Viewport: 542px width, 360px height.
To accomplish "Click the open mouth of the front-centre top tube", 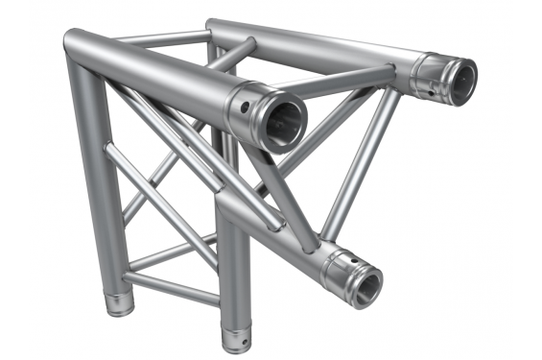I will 279,122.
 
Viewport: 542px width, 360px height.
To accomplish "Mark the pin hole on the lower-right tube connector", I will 346,258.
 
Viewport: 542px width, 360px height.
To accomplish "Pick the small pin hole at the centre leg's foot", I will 241,342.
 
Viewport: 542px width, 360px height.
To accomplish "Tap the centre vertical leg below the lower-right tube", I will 231,278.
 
